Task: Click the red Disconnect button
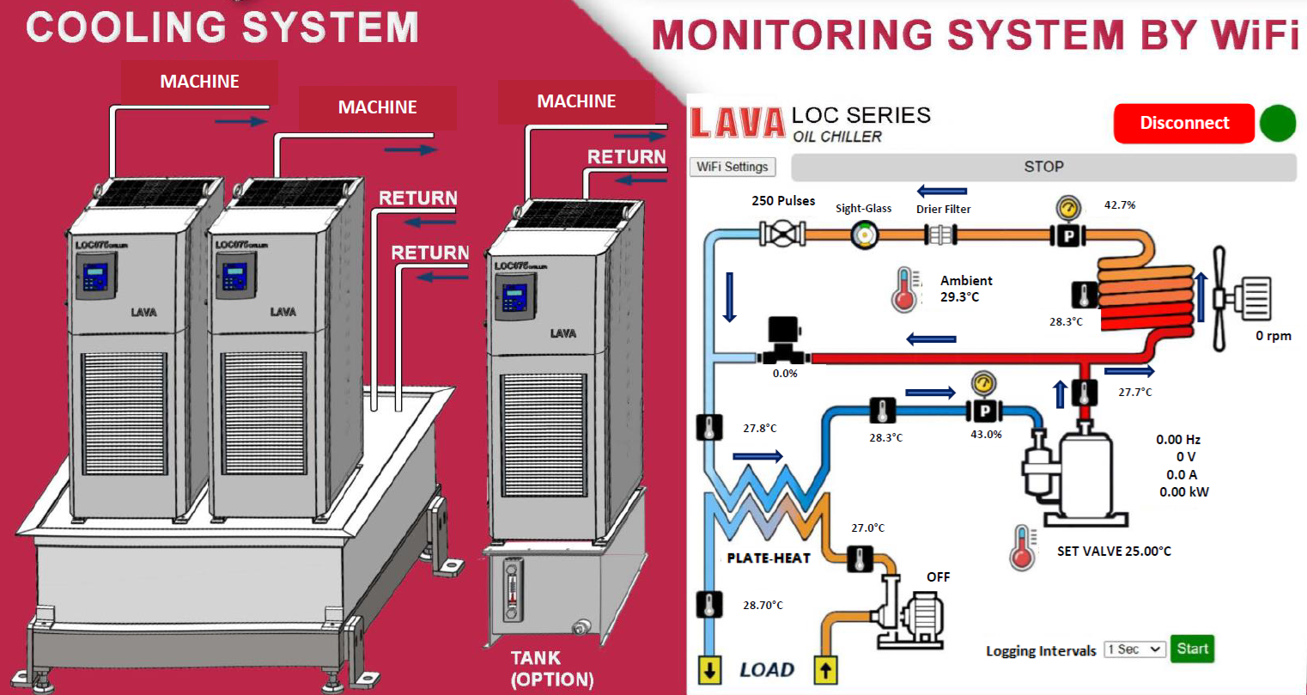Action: tap(1183, 123)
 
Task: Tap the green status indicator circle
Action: tap(1277, 123)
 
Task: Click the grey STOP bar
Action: tap(1043, 167)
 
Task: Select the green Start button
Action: tap(1192, 649)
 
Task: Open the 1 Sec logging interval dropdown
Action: tap(1134, 649)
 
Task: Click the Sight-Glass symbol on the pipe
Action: tap(865, 234)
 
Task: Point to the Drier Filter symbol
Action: tap(940, 234)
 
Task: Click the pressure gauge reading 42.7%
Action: tap(1067, 210)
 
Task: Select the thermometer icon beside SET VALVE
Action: tap(1022, 547)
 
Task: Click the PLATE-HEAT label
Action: tap(768, 558)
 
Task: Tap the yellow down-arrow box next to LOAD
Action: tap(709, 670)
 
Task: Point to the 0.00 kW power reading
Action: tap(1183, 492)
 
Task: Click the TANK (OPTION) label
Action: tap(551, 668)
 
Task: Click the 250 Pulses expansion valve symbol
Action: tap(782, 233)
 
